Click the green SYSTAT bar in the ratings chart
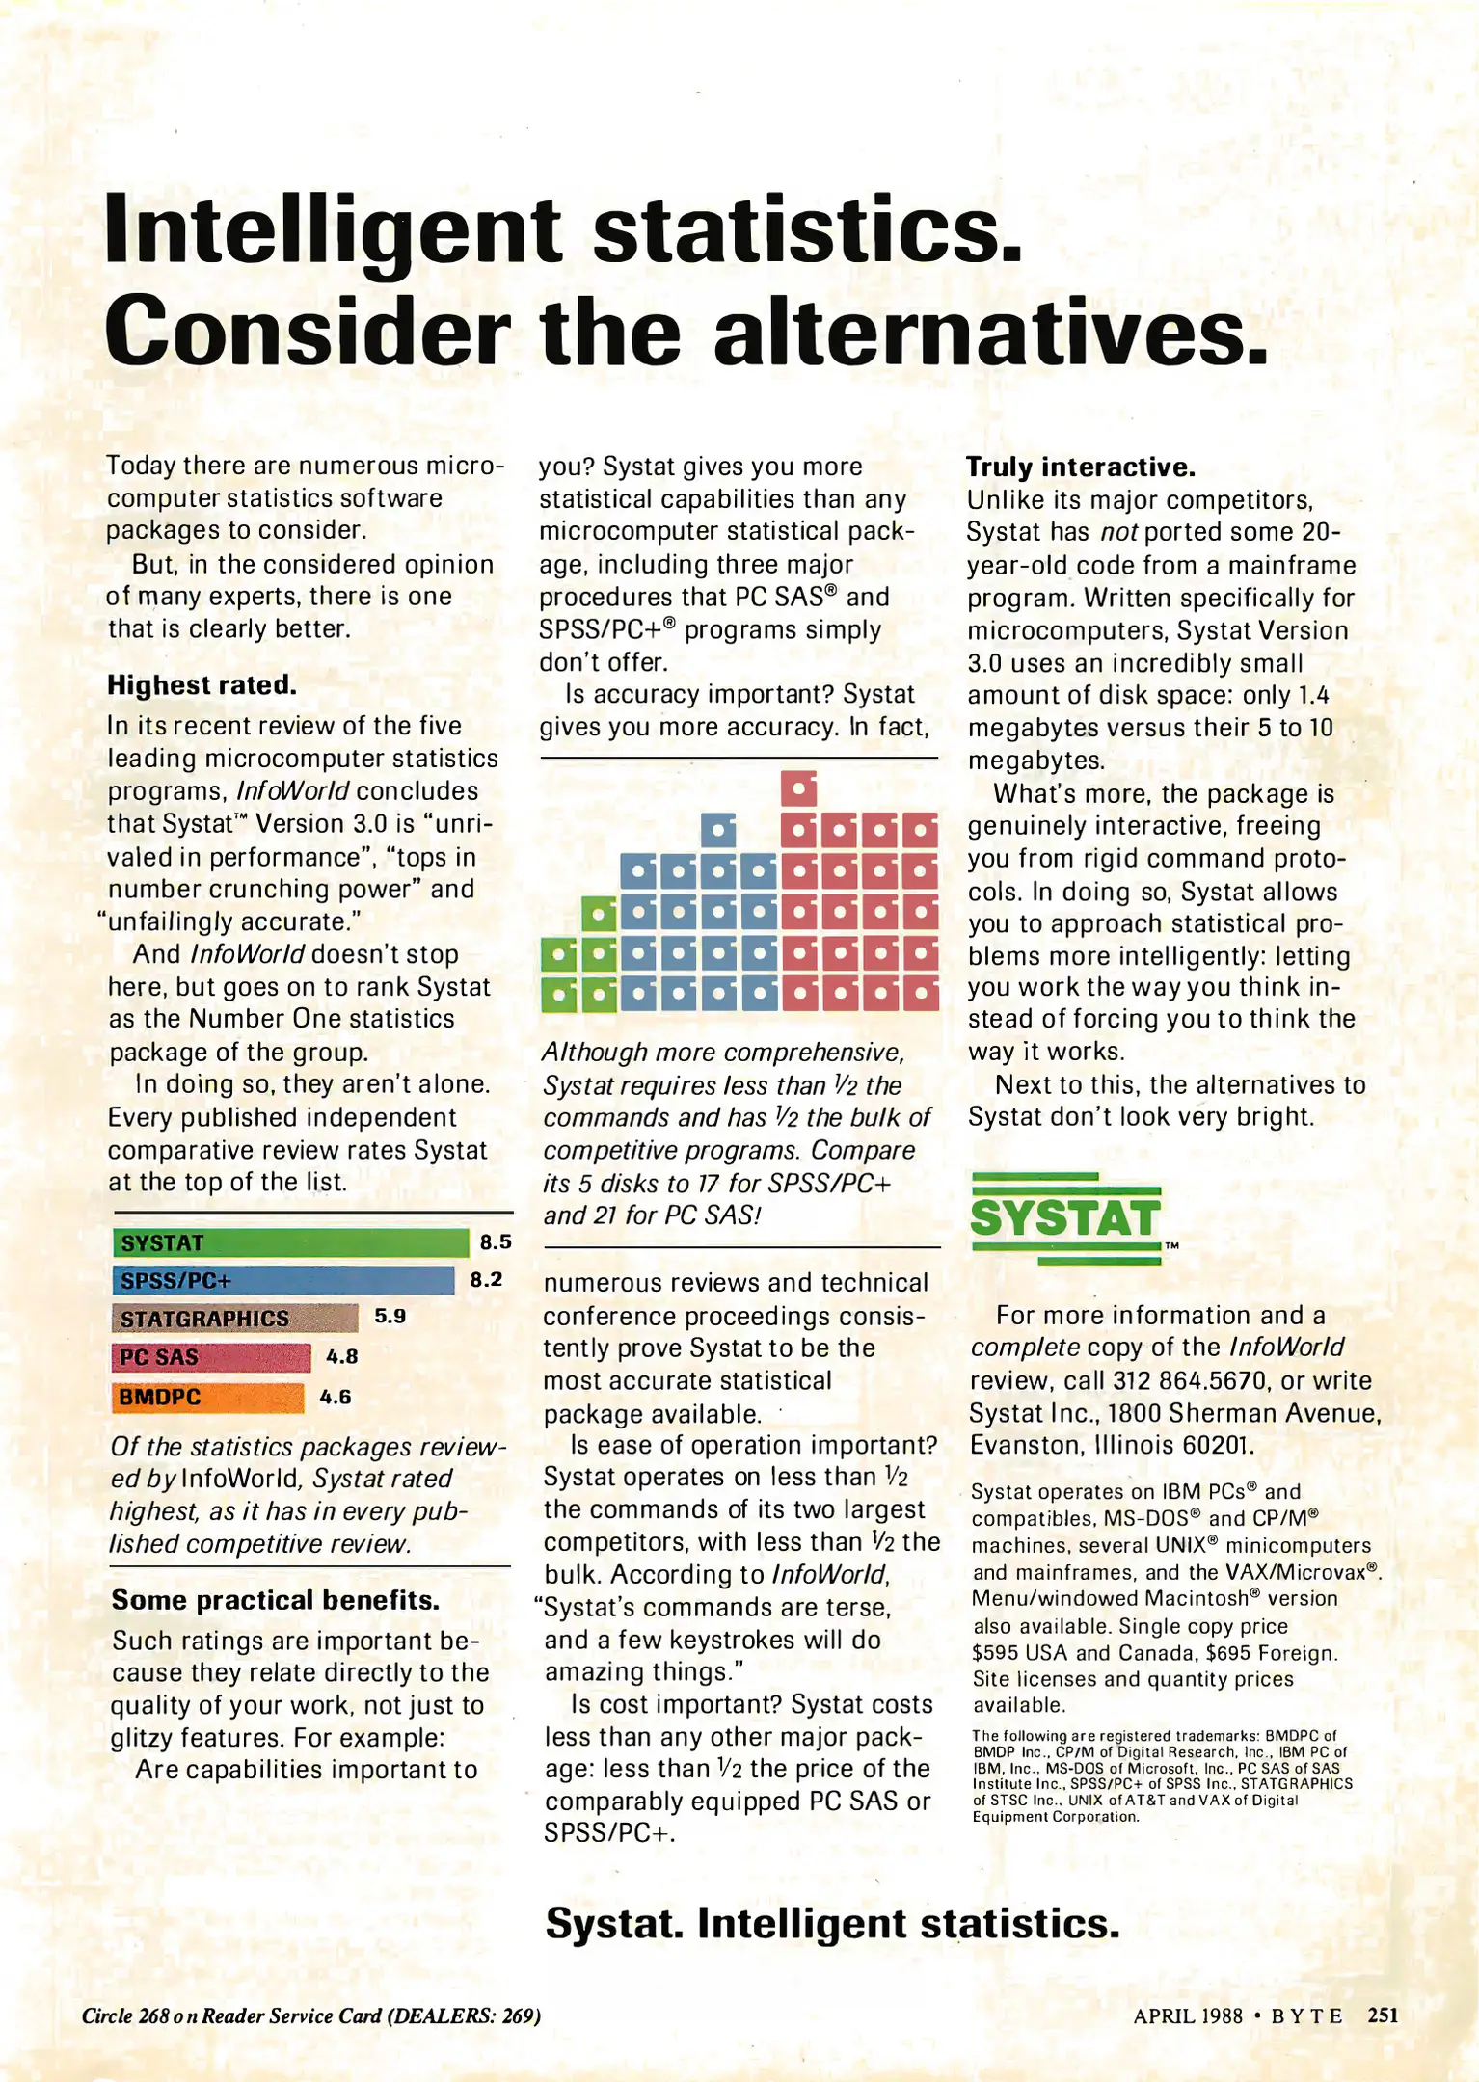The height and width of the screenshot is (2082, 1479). tap(290, 1243)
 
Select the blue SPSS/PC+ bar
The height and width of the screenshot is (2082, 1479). tap(283, 1281)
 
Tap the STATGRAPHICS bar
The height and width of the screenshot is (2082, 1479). tap(235, 1319)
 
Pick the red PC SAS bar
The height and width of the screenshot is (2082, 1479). tap(211, 1357)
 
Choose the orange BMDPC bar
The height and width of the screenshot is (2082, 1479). tap(207, 1398)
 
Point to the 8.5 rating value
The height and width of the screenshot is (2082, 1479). tap(496, 1242)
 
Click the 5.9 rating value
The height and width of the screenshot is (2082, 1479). tap(390, 1316)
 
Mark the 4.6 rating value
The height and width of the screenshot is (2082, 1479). tap(336, 1397)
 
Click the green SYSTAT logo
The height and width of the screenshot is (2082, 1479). tap(1065, 1218)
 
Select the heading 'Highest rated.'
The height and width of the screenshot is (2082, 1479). tap(202, 685)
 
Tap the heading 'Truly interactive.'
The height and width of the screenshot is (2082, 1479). tap(1081, 467)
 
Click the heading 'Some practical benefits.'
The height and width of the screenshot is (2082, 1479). tap(276, 1600)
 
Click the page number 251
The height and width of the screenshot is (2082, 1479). tap(1383, 2015)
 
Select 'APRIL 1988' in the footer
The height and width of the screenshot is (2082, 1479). tap(1188, 2015)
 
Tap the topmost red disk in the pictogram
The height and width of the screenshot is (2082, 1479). tap(798, 789)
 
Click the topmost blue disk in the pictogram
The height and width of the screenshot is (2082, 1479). tap(718, 830)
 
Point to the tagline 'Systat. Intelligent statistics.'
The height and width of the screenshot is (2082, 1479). tap(832, 1924)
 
